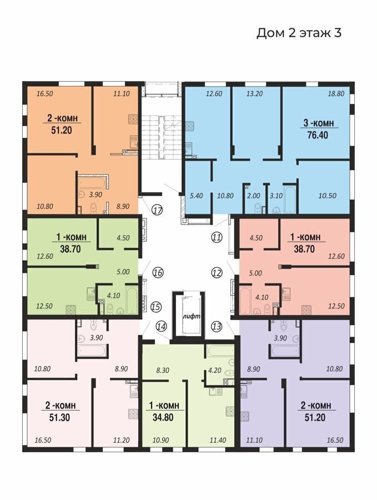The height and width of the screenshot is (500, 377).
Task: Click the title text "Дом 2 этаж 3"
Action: point(299,33)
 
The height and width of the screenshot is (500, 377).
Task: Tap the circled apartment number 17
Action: point(158,211)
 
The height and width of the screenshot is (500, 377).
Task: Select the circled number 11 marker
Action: point(217,237)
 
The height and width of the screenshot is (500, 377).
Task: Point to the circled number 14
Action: point(162,326)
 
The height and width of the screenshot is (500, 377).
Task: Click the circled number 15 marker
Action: point(156,307)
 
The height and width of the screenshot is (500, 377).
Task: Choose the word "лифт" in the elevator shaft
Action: point(192,316)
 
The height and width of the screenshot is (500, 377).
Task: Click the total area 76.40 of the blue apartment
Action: point(318,135)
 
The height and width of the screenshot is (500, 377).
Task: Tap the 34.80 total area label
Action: point(163,417)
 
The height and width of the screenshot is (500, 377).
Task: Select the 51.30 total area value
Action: point(59,417)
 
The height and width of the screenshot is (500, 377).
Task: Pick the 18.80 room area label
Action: point(336,94)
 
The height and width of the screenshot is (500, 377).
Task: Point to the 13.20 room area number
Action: point(255,94)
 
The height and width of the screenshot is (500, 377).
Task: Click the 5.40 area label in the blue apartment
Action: point(197,196)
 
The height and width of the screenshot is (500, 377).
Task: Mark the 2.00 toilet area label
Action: point(254,196)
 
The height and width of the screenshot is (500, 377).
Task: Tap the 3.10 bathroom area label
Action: point(276,196)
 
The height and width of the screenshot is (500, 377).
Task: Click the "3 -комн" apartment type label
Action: point(319,123)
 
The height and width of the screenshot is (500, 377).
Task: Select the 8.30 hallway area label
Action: point(163,371)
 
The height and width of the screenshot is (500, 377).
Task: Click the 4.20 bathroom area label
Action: point(214,371)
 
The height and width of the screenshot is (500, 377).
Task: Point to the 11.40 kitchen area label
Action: point(218,441)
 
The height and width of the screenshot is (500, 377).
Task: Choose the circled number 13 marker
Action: point(217,326)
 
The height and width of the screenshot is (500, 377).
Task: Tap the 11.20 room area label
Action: point(122,441)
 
